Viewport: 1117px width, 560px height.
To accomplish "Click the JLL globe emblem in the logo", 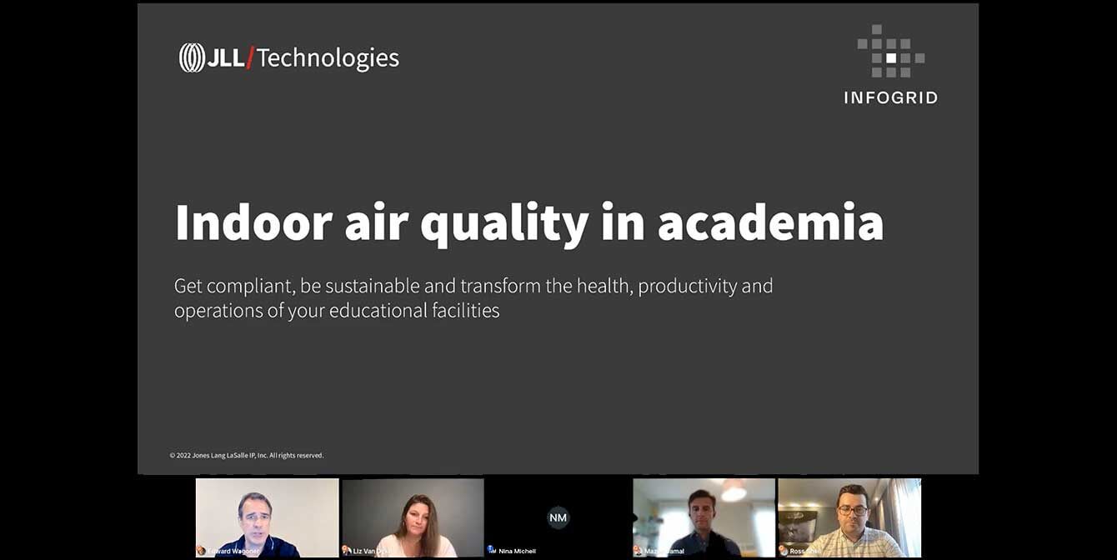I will click(x=192, y=57).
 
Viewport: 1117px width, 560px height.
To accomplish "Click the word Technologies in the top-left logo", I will click(x=328, y=58).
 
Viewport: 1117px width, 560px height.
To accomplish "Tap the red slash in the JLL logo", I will click(x=250, y=58).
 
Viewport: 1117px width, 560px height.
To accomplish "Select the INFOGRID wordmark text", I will click(x=890, y=98).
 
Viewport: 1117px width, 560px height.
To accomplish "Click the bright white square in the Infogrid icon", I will click(x=891, y=58).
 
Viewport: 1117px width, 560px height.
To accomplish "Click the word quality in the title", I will click(x=504, y=223).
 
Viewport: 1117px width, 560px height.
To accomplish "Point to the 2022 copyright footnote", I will click(x=247, y=456).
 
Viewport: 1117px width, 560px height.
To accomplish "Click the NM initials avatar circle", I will click(x=558, y=517).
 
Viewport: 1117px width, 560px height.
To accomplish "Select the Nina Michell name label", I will click(x=517, y=551).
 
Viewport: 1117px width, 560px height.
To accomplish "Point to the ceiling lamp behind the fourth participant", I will click(x=734, y=491).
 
